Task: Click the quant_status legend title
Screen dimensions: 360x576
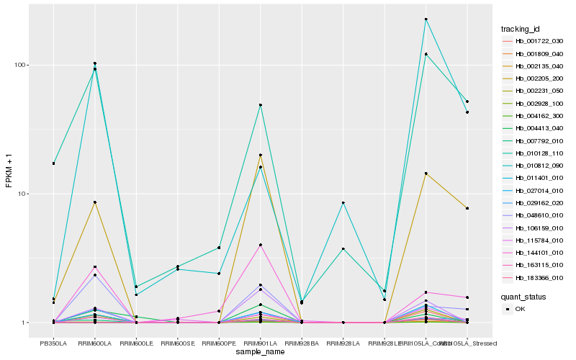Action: coord(523,296)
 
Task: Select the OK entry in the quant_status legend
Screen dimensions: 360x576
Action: coord(519,308)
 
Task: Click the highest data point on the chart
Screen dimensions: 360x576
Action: coord(426,19)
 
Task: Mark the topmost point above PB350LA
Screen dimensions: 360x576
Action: coord(53,163)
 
